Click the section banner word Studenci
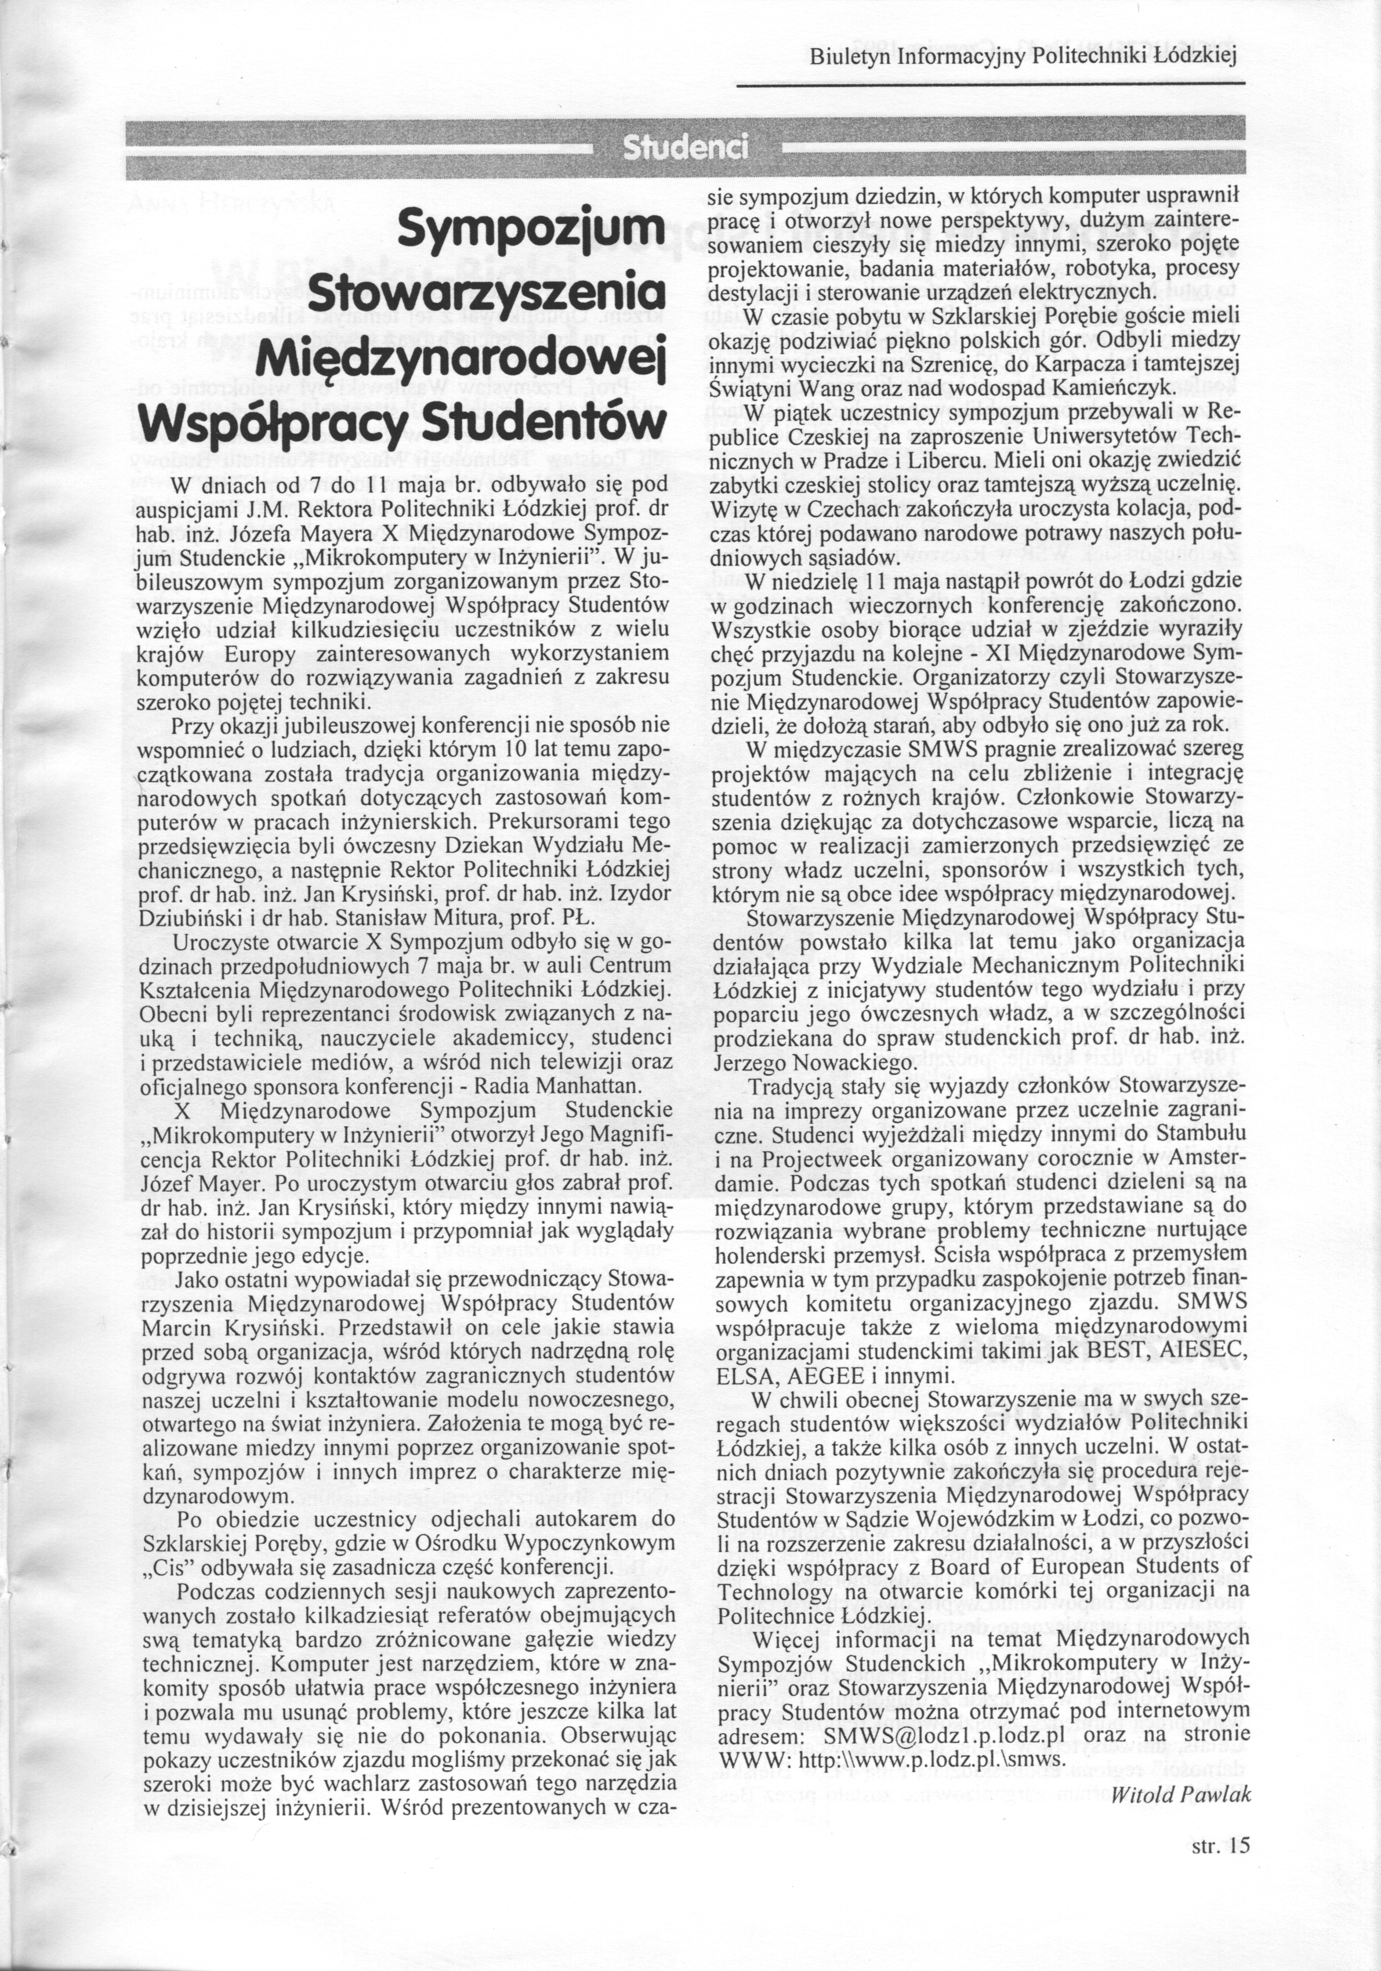coord(686,149)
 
